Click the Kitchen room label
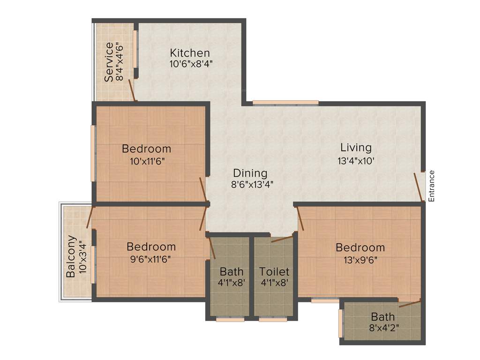tap(189, 52)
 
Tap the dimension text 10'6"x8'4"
tap(191, 64)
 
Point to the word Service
tap(108, 62)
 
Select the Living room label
tap(356, 148)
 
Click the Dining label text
tap(250, 173)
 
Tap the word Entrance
tap(432, 186)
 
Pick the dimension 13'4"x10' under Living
tap(356, 160)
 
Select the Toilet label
tap(275, 272)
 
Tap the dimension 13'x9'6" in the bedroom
tap(360, 260)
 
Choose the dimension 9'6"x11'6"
tap(151, 258)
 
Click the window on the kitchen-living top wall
tap(285, 103)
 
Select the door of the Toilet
tap(282, 239)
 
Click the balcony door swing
tap(90, 216)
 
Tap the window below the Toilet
tap(273, 320)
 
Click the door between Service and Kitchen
tap(132, 90)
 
